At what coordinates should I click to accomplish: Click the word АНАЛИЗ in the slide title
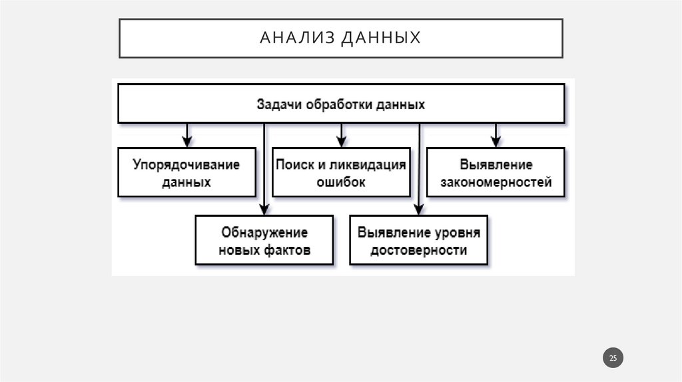pyautogui.click(x=297, y=38)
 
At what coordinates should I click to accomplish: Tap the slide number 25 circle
pyautogui.click(x=613, y=358)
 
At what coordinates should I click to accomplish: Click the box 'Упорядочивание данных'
pyautogui.click(x=186, y=172)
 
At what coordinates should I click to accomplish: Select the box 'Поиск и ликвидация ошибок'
pyautogui.click(x=341, y=172)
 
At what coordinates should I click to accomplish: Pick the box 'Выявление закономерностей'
pyautogui.click(x=496, y=172)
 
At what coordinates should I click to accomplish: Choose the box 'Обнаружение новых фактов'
pyautogui.click(x=264, y=240)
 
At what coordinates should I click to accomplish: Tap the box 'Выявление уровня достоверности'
pyautogui.click(x=418, y=240)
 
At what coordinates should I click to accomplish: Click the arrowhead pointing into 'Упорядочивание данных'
pyautogui.click(x=187, y=142)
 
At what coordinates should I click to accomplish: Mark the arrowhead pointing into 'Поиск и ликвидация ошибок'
pyautogui.click(x=341, y=142)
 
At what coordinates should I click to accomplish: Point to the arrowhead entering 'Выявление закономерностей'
pyautogui.click(x=496, y=142)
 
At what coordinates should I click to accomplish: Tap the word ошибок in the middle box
pyautogui.click(x=341, y=182)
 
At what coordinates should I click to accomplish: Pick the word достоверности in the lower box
pyautogui.click(x=418, y=250)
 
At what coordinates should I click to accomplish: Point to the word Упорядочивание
pyautogui.click(x=186, y=164)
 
